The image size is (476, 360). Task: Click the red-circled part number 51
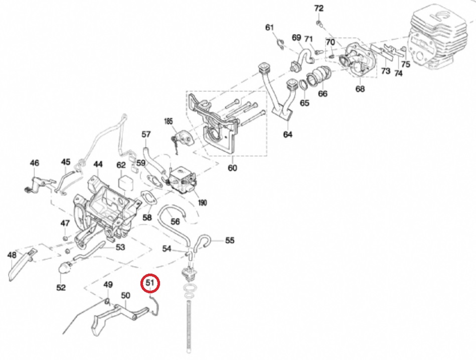tap(149, 283)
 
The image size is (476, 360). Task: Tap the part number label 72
tap(319, 9)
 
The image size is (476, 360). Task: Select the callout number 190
tap(203, 203)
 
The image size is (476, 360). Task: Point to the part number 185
tap(168, 121)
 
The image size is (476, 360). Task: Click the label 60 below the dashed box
tap(232, 168)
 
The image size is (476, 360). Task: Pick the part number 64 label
tap(287, 134)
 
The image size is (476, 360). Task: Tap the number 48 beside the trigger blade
tap(12, 255)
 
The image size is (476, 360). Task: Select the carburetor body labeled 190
tap(182, 182)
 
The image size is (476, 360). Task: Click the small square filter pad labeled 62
tap(123, 184)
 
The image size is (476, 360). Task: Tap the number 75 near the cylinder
tap(405, 64)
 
